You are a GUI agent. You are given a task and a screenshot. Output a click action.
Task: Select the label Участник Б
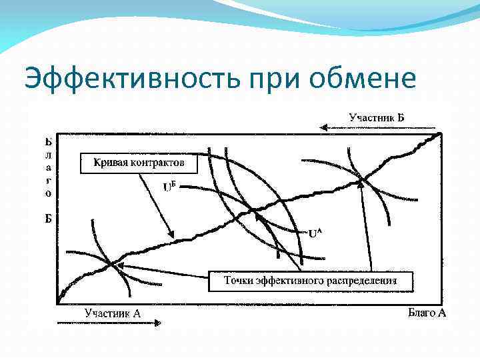[377, 118]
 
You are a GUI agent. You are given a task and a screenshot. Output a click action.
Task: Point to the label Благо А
[426, 313]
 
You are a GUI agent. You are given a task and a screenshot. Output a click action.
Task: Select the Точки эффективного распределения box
[311, 281]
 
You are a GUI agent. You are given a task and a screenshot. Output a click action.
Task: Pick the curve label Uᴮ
[171, 187]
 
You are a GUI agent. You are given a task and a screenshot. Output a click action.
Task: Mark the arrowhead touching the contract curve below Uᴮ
[171, 235]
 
